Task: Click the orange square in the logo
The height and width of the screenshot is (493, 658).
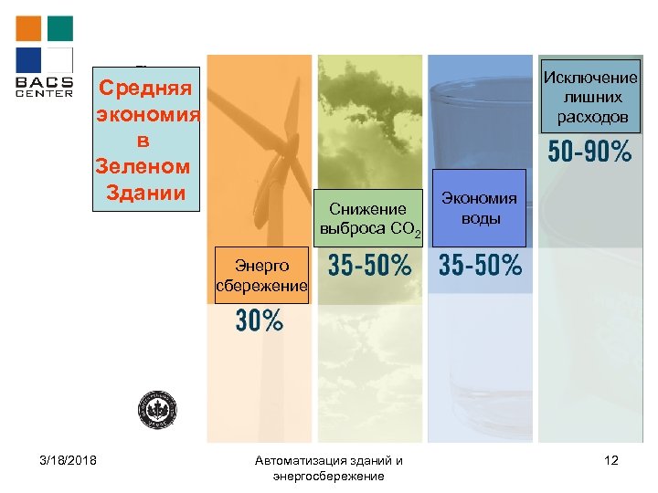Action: (x=29, y=28)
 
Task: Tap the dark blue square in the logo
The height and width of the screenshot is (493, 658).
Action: (x=29, y=59)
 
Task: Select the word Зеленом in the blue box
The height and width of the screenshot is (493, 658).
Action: (x=143, y=167)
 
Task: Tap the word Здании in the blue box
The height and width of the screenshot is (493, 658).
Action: (x=146, y=193)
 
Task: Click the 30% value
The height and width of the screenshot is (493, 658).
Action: (x=260, y=320)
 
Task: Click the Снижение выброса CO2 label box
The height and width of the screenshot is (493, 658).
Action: (x=368, y=219)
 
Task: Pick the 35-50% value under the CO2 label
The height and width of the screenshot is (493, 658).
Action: (x=369, y=266)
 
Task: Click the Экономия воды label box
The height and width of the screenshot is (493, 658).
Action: (x=480, y=207)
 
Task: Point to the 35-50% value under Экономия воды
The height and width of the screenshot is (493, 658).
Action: (x=481, y=266)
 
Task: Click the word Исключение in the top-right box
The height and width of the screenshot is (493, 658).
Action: (x=590, y=78)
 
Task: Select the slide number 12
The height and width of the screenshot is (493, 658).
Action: (x=611, y=460)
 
